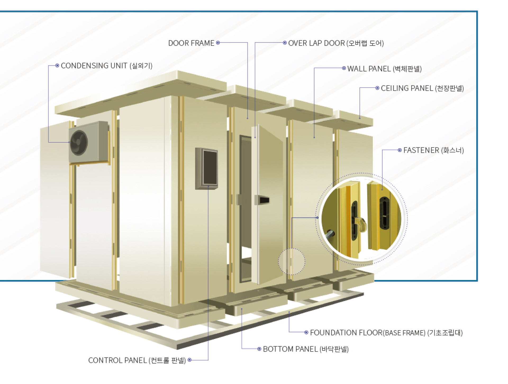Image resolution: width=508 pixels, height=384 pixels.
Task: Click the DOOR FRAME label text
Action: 191,43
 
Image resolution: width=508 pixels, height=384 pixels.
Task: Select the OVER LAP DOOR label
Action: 336,43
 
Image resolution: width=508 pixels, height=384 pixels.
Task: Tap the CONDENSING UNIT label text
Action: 106,66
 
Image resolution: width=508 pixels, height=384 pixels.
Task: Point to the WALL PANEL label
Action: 384,69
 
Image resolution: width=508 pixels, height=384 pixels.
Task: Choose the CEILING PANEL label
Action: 422,88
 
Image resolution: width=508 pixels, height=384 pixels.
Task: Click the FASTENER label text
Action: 433,150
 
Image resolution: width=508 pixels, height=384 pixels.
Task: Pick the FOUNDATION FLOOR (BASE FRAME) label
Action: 386,333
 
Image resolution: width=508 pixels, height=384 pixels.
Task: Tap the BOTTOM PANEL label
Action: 306,349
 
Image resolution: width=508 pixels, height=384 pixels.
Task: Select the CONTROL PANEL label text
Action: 137,360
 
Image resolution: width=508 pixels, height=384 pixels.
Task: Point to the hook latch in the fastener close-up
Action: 361,224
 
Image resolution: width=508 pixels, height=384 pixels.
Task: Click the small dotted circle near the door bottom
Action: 291,262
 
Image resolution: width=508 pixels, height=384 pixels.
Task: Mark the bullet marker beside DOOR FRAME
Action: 218,43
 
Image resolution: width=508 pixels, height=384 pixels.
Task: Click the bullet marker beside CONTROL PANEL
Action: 189,360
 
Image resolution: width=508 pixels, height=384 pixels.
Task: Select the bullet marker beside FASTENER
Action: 400,150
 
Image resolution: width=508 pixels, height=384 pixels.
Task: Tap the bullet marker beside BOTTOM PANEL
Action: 259,349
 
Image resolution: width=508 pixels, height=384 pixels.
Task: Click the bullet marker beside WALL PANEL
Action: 344,68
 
